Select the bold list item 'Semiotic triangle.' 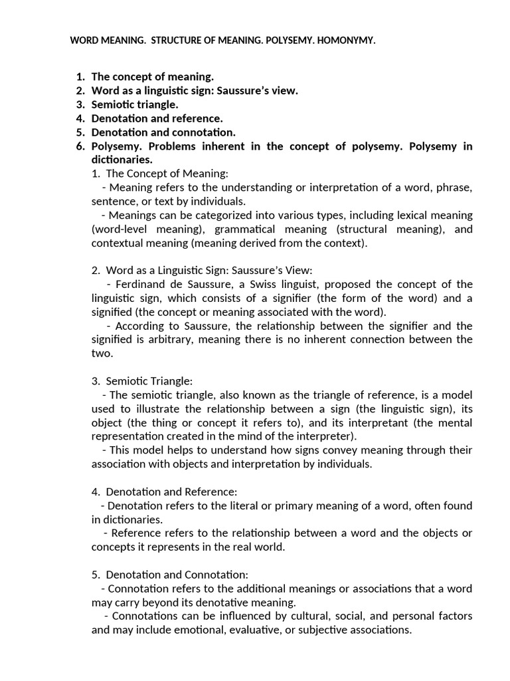(x=135, y=104)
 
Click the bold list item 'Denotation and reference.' (x=157, y=118)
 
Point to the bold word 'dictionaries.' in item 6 (x=122, y=160)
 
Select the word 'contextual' (x=116, y=243)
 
